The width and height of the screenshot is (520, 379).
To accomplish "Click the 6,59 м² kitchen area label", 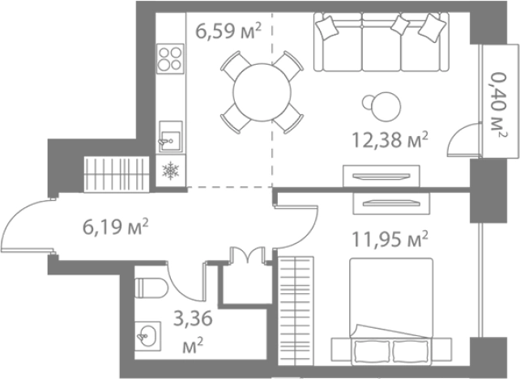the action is click(228, 31).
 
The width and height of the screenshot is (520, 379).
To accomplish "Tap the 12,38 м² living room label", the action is click(390, 139).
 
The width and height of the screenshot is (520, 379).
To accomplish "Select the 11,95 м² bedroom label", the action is click(390, 239).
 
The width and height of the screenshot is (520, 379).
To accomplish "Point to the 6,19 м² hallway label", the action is click(115, 227).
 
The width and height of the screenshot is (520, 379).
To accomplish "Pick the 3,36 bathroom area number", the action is click(193, 319).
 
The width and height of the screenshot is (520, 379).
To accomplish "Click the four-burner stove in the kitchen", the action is click(170, 58).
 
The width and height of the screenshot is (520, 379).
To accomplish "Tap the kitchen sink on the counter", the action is click(170, 136).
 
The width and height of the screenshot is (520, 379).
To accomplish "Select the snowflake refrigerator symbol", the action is click(170, 170).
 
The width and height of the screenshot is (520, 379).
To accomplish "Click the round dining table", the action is click(262, 92).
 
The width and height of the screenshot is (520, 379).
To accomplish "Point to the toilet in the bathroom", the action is click(151, 287).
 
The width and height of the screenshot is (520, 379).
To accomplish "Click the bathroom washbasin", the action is click(148, 336).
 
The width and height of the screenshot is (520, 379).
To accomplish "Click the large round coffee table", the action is click(386, 106).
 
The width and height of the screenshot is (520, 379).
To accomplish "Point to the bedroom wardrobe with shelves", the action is click(296, 311).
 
